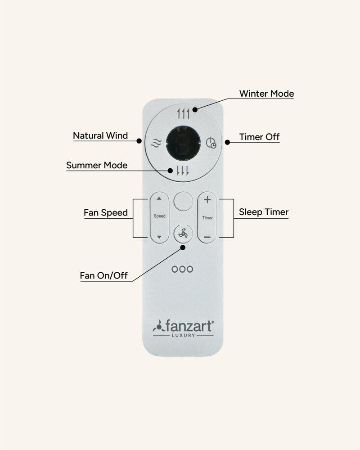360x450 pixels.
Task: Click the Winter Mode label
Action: coord(266,94)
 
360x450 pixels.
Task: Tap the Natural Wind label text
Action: coord(100,135)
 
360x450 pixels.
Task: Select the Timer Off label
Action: coord(259,137)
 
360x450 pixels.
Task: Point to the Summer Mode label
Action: coord(97,165)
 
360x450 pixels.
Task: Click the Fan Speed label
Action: coord(106,213)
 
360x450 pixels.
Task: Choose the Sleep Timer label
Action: coord(264,212)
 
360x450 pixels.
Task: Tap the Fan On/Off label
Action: coord(103,275)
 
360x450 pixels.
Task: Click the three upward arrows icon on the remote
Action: coord(183,114)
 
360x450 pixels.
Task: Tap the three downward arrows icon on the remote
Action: coord(183,171)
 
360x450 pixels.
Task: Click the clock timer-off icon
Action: coord(211,143)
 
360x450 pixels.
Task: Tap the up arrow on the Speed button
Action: coord(159,198)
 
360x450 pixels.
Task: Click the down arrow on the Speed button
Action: coord(159,237)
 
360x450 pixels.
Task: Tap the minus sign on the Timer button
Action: coord(207,237)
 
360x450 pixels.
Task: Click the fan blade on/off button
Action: coord(183,234)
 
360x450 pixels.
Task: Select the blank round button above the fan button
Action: coord(183,201)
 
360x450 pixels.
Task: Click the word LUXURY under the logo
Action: coord(184,335)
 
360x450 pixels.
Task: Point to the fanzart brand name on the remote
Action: coord(189,326)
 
